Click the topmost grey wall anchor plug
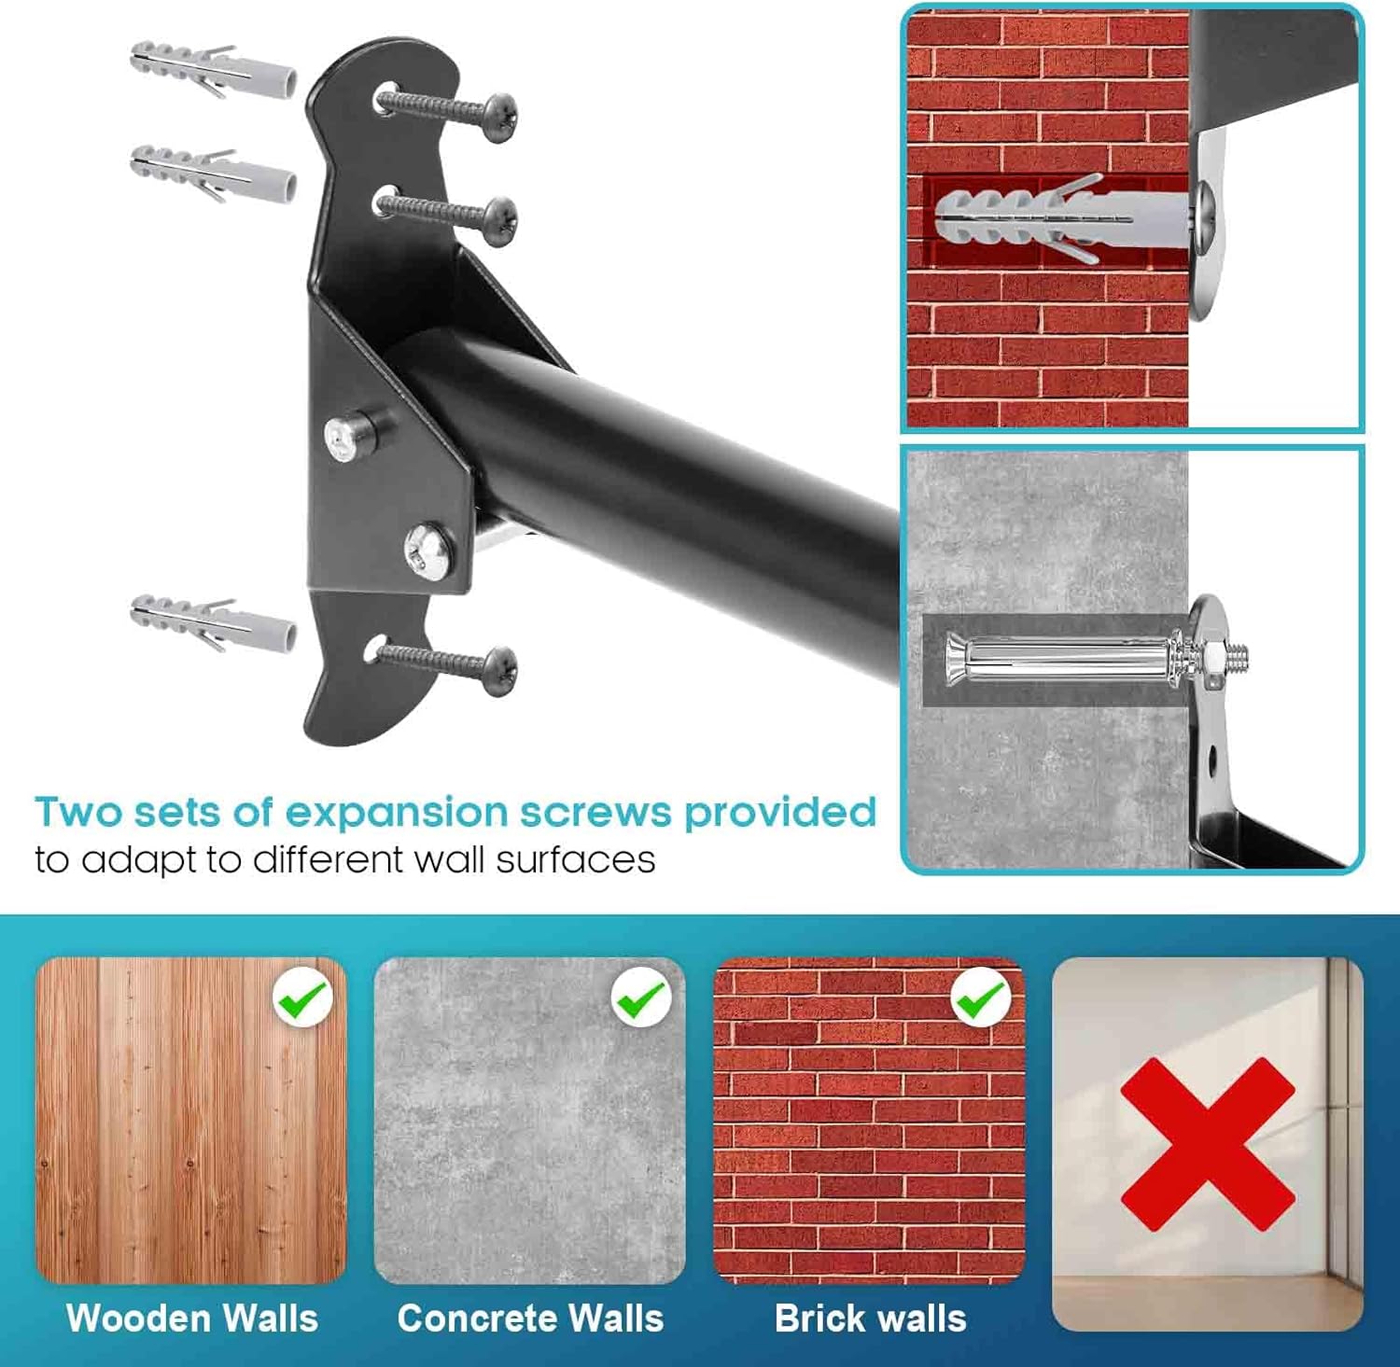pyautogui.click(x=213, y=69)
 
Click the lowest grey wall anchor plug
pyautogui.click(x=213, y=622)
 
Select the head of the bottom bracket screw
pyautogui.click(x=501, y=670)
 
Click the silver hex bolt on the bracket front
pyautogui.click(x=429, y=549)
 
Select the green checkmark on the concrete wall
pyautogui.click(x=641, y=998)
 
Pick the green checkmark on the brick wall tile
pyautogui.click(x=980, y=998)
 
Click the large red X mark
pyautogui.click(x=1208, y=1144)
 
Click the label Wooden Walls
pyautogui.click(x=192, y=1318)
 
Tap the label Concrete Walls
pyautogui.click(x=530, y=1318)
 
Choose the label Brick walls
pyautogui.click(x=870, y=1318)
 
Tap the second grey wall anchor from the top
pyautogui.click(x=213, y=174)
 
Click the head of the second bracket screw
pyautogui.click(x=501, y=220)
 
